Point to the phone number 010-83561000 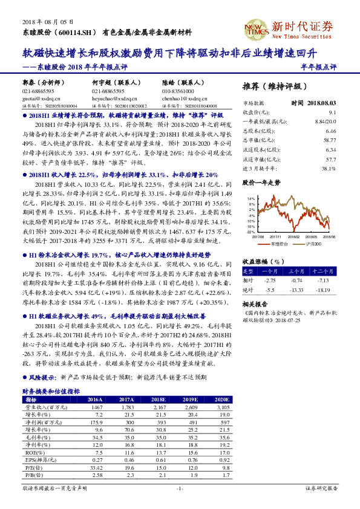click(178, 91)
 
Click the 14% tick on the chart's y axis click(252, 198)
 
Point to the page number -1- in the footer click(180, 488)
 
